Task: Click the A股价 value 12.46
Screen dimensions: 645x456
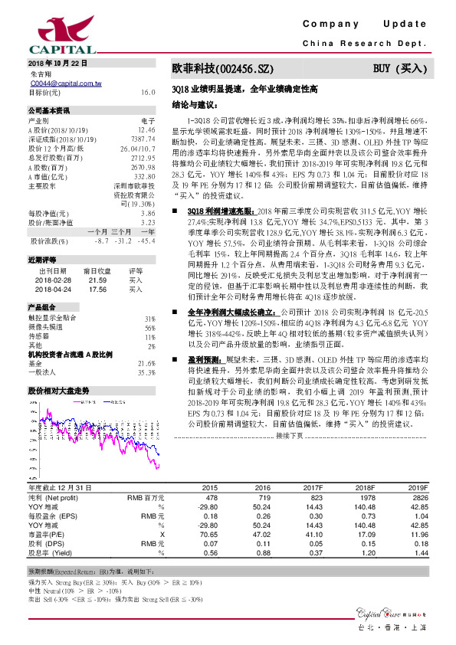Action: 146,130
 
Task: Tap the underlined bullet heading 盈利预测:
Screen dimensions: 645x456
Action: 205,358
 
